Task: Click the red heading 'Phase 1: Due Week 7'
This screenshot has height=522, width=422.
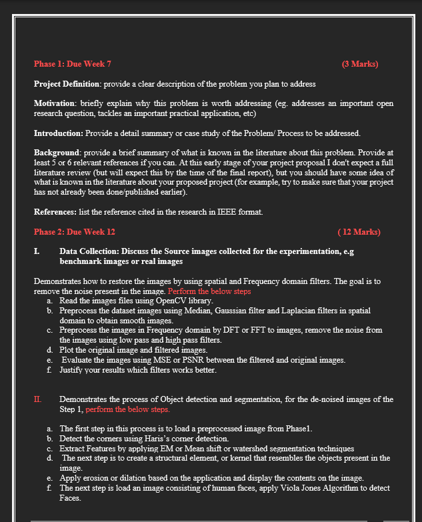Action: click(x=72, y=65)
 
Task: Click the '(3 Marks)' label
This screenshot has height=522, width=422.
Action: click(x=359, y=65)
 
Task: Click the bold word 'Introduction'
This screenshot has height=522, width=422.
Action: click(x=58, y=134)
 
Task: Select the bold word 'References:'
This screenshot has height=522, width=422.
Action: click(x=57, y=212)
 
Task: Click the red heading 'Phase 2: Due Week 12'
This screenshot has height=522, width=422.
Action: click(x=74, y=232)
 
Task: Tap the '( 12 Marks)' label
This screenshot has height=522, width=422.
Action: click(x=359, y=232)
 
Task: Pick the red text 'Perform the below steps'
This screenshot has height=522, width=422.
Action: click(x=209, y=291)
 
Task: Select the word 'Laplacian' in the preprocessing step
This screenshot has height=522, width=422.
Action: click(x=289, y=311)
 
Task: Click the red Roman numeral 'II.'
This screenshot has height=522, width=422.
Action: click(x=38, y=399)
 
